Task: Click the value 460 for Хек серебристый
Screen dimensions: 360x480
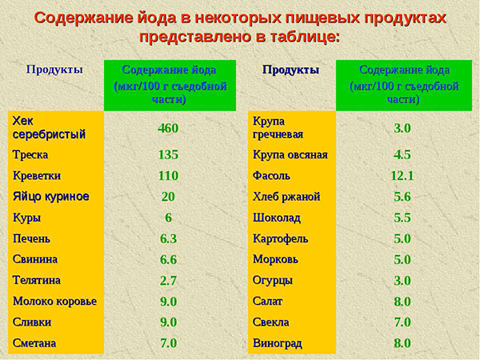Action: tap(168, 128)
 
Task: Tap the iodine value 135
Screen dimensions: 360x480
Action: tap(168, 154)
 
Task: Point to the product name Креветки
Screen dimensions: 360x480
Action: tap(37, 175)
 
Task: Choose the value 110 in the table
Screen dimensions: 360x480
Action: tap(168, 175)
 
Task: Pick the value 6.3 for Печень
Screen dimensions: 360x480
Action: tap(168, 238)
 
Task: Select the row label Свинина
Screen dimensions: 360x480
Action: tap(35, 259)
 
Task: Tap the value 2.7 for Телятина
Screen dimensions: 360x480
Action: tap(168, 281)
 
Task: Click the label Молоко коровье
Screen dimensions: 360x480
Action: tap(54, 302)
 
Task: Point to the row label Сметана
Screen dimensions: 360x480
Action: tap(35, 343)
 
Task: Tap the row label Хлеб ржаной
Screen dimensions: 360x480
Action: tap(286, 196)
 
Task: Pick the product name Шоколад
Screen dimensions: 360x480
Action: tap(277, 218)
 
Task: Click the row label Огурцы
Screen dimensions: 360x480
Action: tap(273, 281)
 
